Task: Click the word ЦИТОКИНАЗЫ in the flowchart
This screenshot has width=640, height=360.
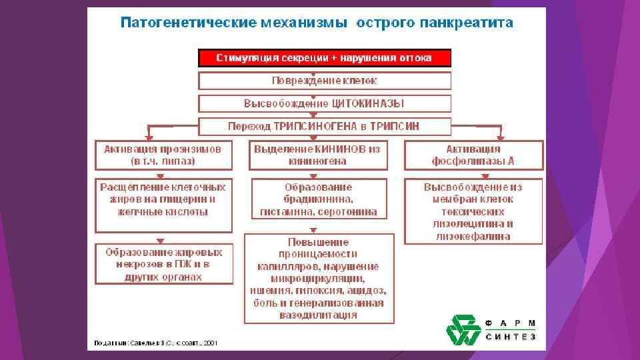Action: pyautogui.click(x=369, y=103)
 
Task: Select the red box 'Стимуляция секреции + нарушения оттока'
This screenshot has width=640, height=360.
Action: pyautogui.click(x=325, y=58)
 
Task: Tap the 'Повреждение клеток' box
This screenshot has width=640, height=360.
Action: pyautogui.click(x=325, y=81)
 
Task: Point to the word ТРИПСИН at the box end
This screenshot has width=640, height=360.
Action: pyautogui.click(x=397, y=125)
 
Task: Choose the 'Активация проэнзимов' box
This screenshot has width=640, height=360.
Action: pyautogui.click(x=163, y=155)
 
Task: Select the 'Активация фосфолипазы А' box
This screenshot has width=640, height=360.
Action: pyautogui.click(x=473, y=155)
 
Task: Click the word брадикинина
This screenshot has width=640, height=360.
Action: pyautogui.click(x=318, y=199)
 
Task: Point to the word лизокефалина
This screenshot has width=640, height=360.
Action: pyautogui.click(x=473, y=236)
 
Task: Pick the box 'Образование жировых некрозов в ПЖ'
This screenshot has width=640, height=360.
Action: pyautogui.click(x=163, y=264)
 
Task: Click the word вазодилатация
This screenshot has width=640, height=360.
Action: pyautogui.click(x=318, y=315)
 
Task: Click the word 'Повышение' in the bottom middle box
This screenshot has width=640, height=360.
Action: pyautogui.click(x=318, y=241)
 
